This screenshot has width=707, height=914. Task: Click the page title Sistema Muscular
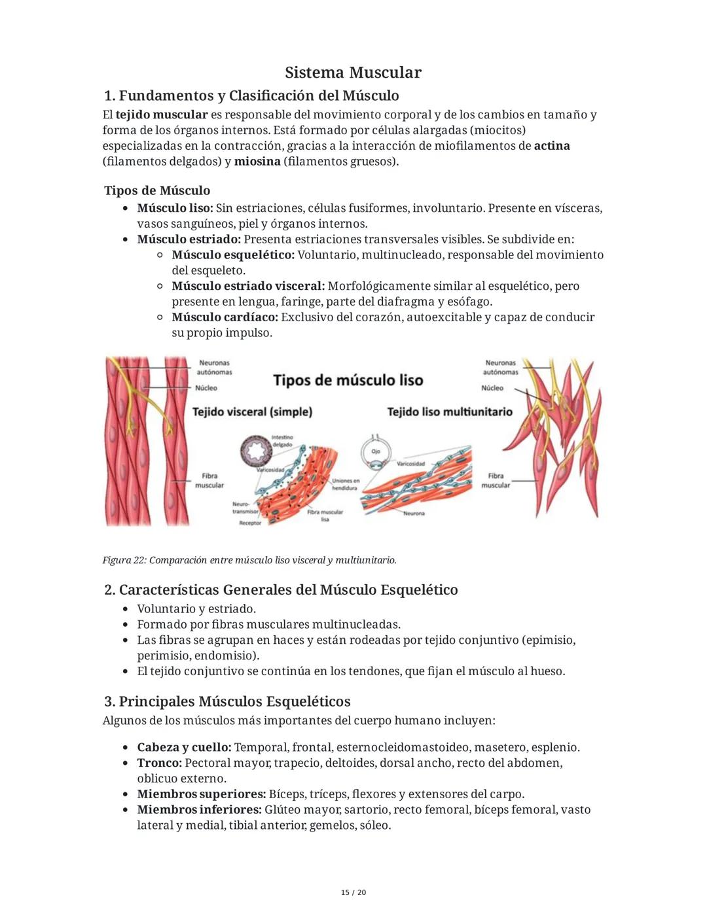click(x=353, y=73)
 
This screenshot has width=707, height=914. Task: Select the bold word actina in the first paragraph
click(x=551, y=146)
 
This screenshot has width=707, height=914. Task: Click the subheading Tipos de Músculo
click(x=157, y=190)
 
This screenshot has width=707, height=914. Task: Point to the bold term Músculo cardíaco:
click(x=225, y=317)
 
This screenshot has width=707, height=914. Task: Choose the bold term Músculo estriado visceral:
click(x=248, y=286)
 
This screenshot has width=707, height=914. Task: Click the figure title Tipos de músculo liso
click(x=348, y=380)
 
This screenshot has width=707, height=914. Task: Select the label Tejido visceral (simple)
click(x=252, y=412)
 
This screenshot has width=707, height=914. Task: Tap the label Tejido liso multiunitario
click(x=450, y=412)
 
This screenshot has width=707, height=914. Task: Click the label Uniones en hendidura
click(x=345, y=484)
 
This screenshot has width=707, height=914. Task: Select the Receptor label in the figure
click(x=250, y=523)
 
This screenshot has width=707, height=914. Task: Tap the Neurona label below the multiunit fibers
click(x=414, y=514)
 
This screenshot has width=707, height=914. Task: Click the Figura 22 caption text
click(x=249, y=560)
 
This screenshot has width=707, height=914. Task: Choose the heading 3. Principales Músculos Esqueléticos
click(x=227, y=701)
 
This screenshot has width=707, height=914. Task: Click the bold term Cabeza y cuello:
click(x=184, y=747)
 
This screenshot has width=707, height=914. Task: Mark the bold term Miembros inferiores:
click(x=199, y=809)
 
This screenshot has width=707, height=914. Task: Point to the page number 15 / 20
click(x=353, y=892)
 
